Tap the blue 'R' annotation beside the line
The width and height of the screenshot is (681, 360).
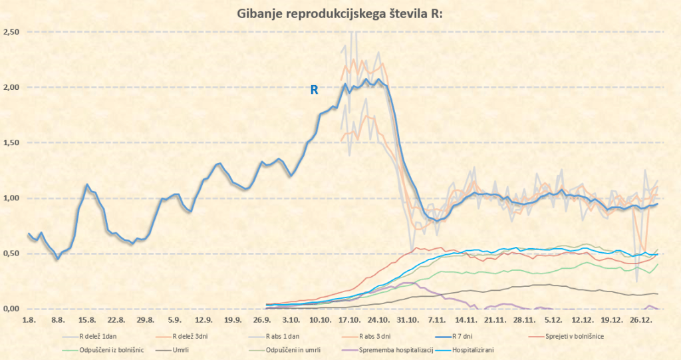[315, 90]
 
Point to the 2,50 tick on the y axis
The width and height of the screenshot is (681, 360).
[11, 32]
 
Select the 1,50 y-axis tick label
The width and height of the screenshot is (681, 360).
[11, 143]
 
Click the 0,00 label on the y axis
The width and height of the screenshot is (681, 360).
[11, 309]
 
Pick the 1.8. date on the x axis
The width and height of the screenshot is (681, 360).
[28, 319]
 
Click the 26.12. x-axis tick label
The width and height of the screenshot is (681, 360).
[641, 319]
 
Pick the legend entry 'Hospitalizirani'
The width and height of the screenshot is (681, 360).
[474, 349]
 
